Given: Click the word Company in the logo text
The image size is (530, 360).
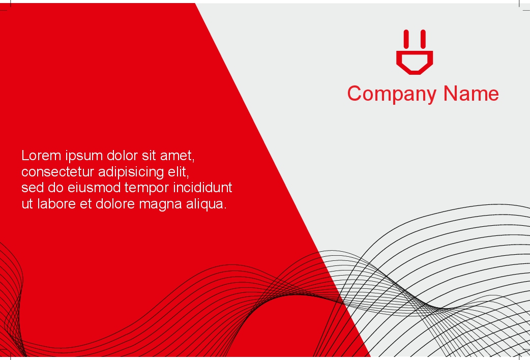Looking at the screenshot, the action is click(392, 94).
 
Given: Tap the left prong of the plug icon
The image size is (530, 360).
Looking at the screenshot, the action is click(406, 39).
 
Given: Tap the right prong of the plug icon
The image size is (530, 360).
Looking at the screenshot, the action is click(423, 39).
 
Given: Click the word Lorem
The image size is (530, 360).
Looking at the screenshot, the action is click(41, 156).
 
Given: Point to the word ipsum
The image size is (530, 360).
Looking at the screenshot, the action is click(84, 156).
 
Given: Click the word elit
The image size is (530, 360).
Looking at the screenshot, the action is click(179, 172).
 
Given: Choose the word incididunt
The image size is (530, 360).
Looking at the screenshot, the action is click(202, 187).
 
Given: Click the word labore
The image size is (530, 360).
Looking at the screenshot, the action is click(56, 204).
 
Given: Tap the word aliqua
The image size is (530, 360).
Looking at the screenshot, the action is click(206, 204).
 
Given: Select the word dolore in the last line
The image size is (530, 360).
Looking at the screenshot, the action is click(115, 204).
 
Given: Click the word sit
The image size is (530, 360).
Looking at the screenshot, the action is click(149, 156).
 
